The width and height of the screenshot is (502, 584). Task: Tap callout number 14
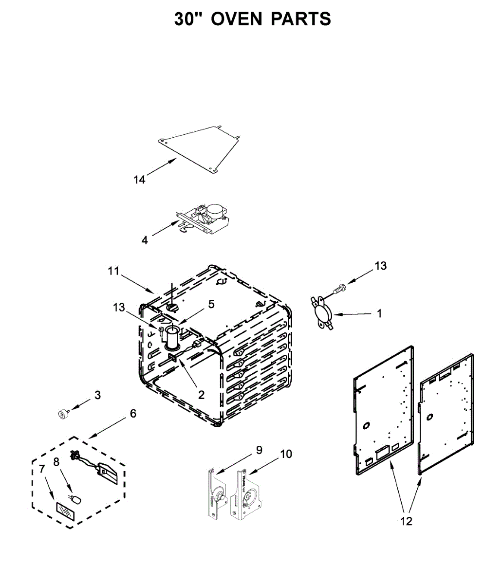(139, 180)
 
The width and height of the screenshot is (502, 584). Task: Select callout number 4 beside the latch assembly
(145, 240)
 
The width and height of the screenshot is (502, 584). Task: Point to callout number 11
(113, 271)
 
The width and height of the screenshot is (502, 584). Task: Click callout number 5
(211, 304)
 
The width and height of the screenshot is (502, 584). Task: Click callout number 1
(380, 314)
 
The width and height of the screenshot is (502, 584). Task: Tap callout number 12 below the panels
(406, 521)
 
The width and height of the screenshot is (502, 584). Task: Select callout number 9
(259, 450)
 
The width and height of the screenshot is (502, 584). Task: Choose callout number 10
(286, 454)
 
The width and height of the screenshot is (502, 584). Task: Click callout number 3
(97, 395)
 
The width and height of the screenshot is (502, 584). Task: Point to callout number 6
(133, 414)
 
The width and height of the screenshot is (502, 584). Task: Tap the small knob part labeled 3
(63, 414)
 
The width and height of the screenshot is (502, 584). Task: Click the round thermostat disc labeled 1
(322, 312)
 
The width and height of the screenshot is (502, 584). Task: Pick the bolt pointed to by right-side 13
(337, 290)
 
